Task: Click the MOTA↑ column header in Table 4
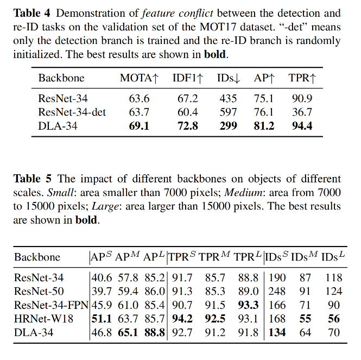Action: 139,78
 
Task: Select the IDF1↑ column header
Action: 188,78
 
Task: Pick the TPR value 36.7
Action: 301,112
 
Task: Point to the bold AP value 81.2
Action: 264,126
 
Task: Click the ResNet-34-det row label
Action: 72,112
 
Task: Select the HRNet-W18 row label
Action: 44,318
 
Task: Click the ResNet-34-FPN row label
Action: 52,305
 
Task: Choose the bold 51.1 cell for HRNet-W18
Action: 102,318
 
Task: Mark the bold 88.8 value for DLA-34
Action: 155,332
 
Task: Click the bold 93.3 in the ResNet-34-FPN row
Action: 248,305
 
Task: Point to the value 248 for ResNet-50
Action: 277,291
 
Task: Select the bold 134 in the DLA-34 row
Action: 277,332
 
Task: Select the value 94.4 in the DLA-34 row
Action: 302,126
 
